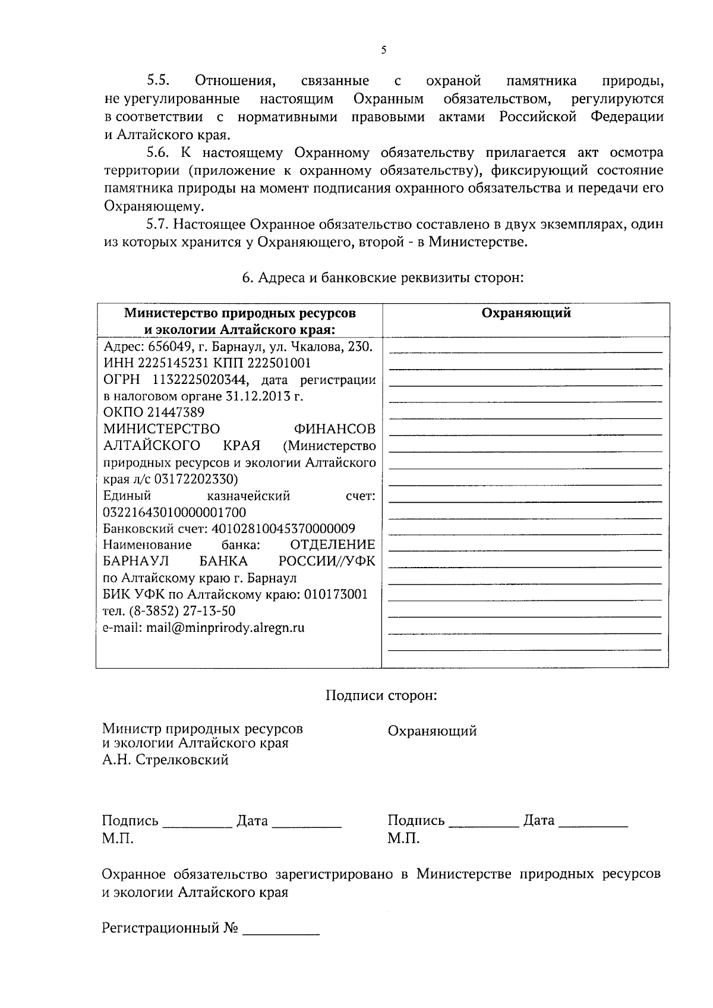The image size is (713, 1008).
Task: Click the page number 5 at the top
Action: (x=383, y=51)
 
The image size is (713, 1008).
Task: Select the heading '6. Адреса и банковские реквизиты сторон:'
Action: (x=383, y=278)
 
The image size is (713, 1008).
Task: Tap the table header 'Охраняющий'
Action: (x=526, y=313)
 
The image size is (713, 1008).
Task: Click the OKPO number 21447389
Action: (x=171, y=412)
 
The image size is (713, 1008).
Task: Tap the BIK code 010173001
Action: (x=336, y=594)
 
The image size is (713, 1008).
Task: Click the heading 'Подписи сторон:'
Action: (x=381, y=695)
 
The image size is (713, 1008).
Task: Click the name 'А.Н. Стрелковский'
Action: (x=165, y=760)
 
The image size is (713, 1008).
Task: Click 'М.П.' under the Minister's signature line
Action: (x=118, y=839)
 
